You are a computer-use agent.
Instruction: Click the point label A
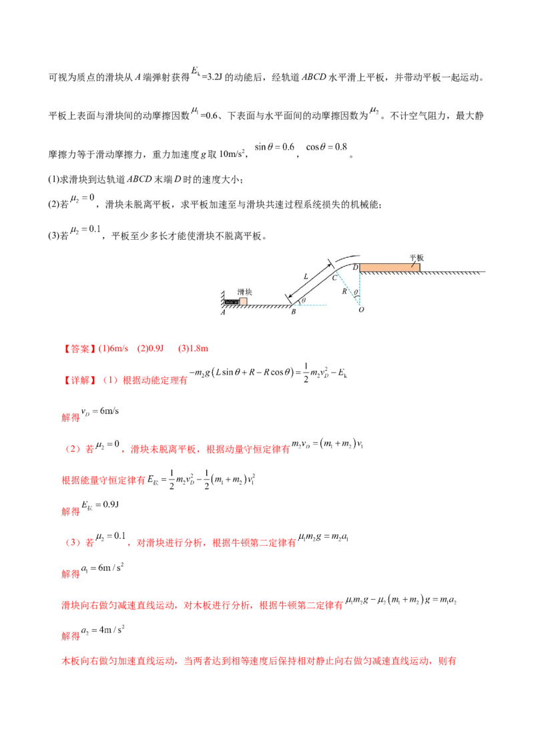(x=224, y=312)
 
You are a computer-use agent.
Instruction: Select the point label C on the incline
(x=334, y=278)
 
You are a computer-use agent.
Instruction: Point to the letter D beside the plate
(x=356, y=268)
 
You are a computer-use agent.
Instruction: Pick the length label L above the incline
(x=306, y=275)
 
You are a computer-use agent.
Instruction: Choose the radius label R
(x=344, y=292)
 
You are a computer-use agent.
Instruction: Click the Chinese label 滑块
(x=244, y=292)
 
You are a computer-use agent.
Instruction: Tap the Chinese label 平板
(x=417, y=256)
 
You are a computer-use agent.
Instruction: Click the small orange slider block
(x=243, y=301)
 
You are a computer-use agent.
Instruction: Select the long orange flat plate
(x=390, y=268)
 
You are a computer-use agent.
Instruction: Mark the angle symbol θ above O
(x=356, y=293)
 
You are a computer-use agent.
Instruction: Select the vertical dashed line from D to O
(x=360, y=287)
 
